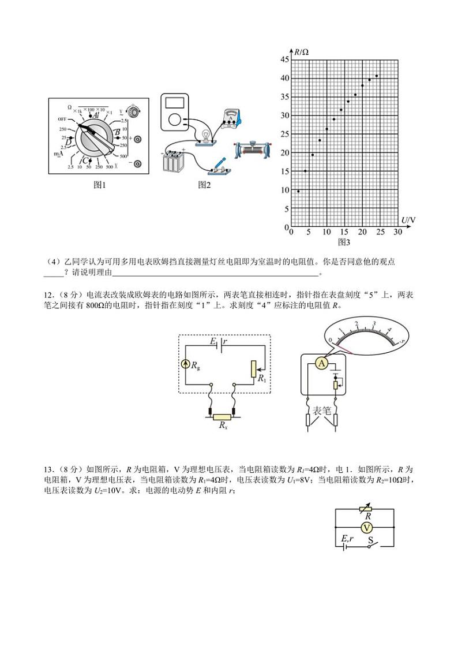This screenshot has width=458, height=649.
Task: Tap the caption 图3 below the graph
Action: tap(344, 241)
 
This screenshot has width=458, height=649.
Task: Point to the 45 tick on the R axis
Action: tap(284, 59)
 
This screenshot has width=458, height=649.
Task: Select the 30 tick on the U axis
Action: tap(397, 232)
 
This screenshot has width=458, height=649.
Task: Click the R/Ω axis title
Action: tap(302, 52)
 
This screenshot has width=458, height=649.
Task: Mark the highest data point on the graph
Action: tap(377, 76)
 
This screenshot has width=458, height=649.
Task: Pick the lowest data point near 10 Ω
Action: tap(298, 191)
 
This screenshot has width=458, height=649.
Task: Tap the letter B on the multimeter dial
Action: tap(117, 133)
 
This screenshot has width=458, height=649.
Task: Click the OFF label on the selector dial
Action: tap(62, 119)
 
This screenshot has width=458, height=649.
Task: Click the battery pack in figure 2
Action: tap(173, 161)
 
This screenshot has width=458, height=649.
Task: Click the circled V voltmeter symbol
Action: tap(365, 527)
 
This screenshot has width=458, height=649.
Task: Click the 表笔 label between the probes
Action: tap(321, 411)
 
